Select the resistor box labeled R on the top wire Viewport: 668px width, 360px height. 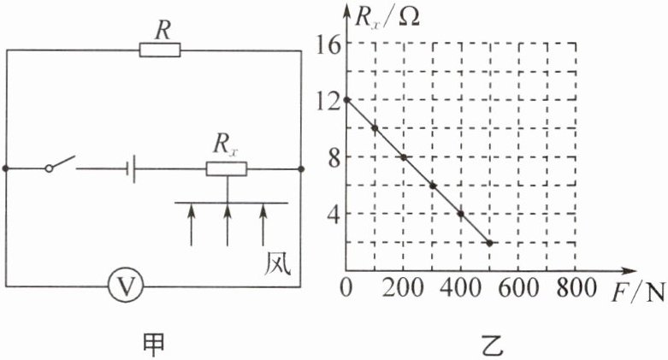tap(159, 51)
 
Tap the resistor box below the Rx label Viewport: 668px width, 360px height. tap(227, 169)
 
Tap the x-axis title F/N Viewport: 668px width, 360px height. tap(638, 292)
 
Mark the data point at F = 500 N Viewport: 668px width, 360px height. tap(488, 243)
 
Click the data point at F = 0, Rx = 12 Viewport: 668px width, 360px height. tap(347, 100)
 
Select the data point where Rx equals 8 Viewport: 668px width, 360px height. tap(404, 157)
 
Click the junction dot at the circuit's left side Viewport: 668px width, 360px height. tap(7, 169)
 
